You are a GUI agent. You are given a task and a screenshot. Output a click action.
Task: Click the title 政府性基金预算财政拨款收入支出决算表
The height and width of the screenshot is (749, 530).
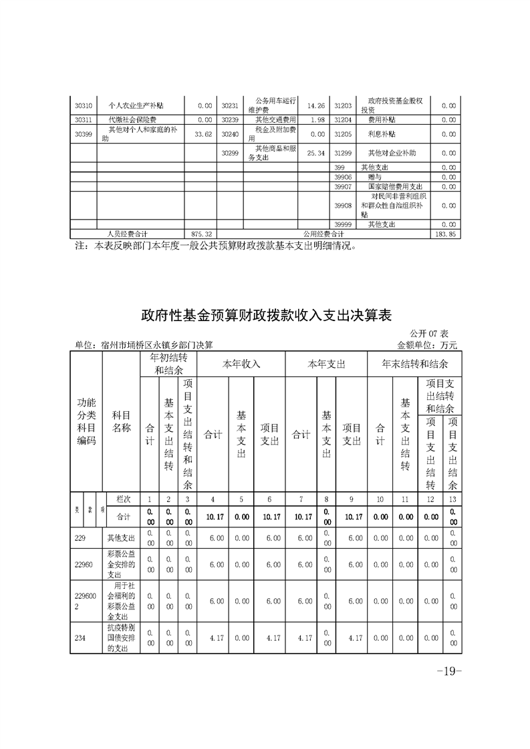click(x=265, y=314)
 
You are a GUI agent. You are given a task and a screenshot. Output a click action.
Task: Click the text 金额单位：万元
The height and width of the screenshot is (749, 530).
click(x=427, y=345)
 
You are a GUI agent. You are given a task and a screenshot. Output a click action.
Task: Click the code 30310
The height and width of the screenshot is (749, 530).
click(x=84, y=105)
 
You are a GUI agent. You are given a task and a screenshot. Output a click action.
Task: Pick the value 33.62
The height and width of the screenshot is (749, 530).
click(x=202, y=134)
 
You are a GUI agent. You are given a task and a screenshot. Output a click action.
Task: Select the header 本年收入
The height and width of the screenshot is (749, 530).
click(x=241, y=364)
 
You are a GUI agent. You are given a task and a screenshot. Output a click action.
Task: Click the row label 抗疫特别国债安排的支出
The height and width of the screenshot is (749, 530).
click(x=120, y=638)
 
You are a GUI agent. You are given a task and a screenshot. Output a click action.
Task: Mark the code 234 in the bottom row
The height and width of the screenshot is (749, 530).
click(x=80, y=638)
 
